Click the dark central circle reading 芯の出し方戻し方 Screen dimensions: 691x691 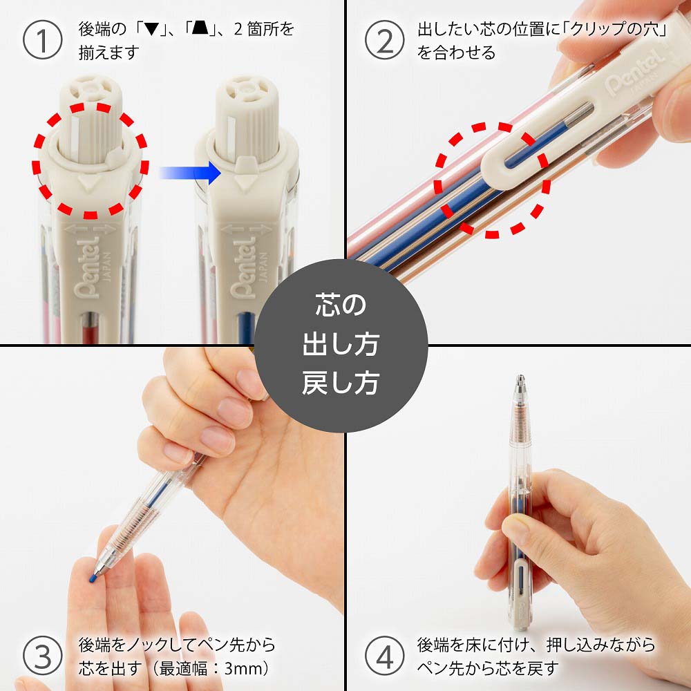coord(341,345)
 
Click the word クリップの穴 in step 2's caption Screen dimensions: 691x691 coord(608,31)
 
